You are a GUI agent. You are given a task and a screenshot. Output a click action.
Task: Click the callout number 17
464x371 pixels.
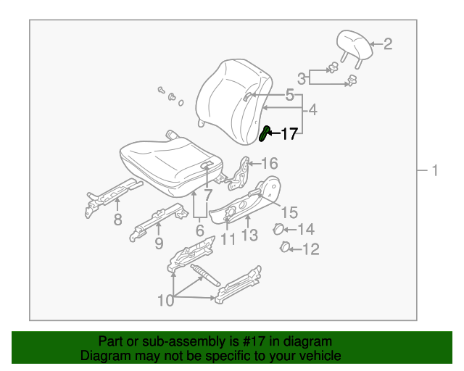tap(289, 133)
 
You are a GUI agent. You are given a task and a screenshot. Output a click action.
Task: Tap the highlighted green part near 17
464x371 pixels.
tap(265, 133)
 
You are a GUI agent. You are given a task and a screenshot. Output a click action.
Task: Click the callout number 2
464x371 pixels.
tap(387, 44)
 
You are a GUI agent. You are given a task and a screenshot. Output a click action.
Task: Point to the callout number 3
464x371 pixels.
tap(301, 78)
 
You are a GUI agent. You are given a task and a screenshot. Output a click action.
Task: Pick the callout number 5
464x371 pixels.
tap(289, 95)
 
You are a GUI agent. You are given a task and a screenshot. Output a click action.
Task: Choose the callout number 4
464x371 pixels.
tap(313, 111)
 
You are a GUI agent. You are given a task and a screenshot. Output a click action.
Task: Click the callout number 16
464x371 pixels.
tap(269, 163)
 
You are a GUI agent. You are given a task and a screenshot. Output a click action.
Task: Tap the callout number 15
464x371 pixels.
tap(289, 212)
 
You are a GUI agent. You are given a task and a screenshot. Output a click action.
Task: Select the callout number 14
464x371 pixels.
tap(306, 230)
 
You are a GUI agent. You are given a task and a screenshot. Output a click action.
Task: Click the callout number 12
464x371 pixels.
tap(310, 250)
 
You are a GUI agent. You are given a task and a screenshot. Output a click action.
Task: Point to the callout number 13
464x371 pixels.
tap(249, 235)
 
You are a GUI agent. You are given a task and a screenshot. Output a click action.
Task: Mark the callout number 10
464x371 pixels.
tap(166, 300)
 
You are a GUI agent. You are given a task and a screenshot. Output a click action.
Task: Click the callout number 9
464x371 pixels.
tap(158, 243)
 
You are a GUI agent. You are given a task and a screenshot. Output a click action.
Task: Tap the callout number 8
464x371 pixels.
tap(117, 220)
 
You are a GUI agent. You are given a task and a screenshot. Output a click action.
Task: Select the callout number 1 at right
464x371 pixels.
tap(434, 171)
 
